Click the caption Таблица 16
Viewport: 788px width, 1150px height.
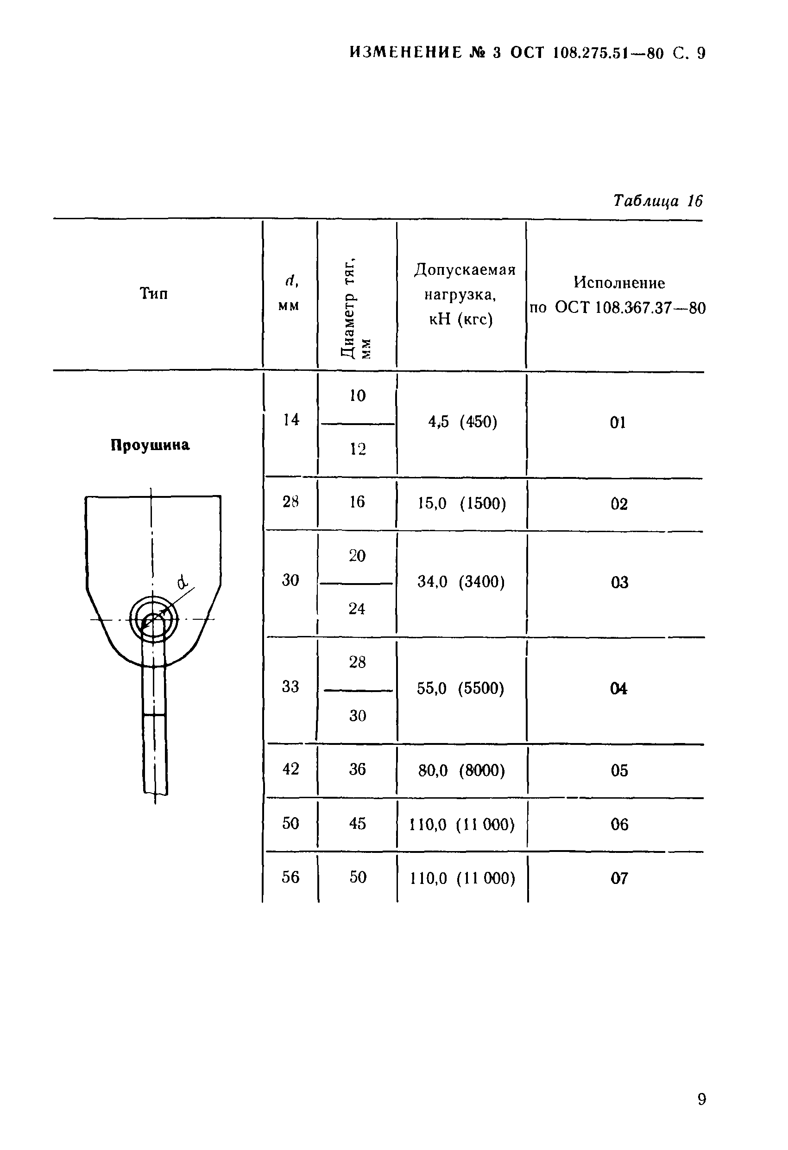coord(657,201)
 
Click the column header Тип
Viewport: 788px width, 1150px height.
coord(153,293)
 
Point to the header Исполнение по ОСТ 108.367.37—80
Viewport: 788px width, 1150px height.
coord(618,295)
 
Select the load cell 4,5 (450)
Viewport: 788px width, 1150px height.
coord(462,422)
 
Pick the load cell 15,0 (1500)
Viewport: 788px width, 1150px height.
coord(461,503)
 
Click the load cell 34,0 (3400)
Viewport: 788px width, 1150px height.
coord(461,581)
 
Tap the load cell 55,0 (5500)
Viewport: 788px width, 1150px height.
coord(460,688)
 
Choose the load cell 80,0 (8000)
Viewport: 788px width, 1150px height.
coord(461,770)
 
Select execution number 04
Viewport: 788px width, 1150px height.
coord(619,688)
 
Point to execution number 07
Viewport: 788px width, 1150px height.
coord(619,878)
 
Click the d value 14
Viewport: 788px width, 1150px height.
coord(291,419)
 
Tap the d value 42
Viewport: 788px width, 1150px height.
coord(290,769)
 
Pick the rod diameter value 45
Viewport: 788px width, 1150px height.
coord(357,823)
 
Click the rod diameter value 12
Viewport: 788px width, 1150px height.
coord(358,449)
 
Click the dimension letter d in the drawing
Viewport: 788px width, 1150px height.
coord(183,582)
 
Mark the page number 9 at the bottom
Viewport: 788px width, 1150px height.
coord(701,1099)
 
